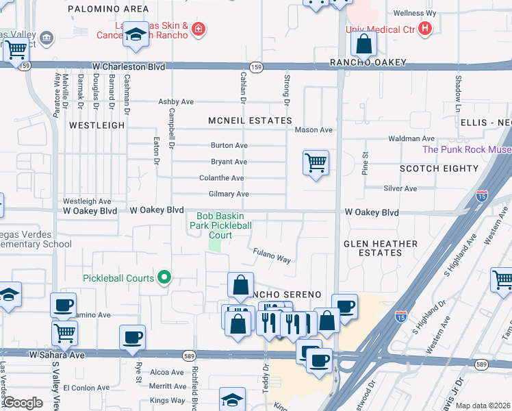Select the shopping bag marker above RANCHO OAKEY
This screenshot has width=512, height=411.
pyautogui.click(x=365, y=44)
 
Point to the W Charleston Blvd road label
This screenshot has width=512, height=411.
pyautogui.click(x=129, y=67)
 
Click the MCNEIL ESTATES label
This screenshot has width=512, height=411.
pyautogui.click(x=250, y=121)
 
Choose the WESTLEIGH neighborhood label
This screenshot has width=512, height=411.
pyautogui.click(x=97, y=125)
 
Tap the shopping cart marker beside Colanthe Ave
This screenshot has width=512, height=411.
pyautogui.click(x=316, y=163)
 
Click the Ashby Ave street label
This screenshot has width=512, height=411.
pyautogui.click(x=176, y=102)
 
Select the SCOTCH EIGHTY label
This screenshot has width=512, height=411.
pyautogui.click(x=439, y=169)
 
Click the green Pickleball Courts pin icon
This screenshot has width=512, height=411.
pyautogui.click(x=164, y=277)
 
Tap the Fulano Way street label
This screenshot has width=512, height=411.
pyautogui.click(x=273, y=256)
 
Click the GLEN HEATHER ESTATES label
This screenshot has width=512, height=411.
pyautogui.click(x=381, y=248)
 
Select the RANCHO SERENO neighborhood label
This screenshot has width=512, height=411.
pyautogui.click(x=287, y=294)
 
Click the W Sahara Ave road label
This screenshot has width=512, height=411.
pyautogui.click(x=57, y=355)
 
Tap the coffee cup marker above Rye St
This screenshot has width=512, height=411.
pyautogui.click(x=132, y=336)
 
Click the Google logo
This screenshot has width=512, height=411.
pyautogui.click(x=23, y=402)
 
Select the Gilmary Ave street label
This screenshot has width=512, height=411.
pyautogui.click(x=229, y=195)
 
